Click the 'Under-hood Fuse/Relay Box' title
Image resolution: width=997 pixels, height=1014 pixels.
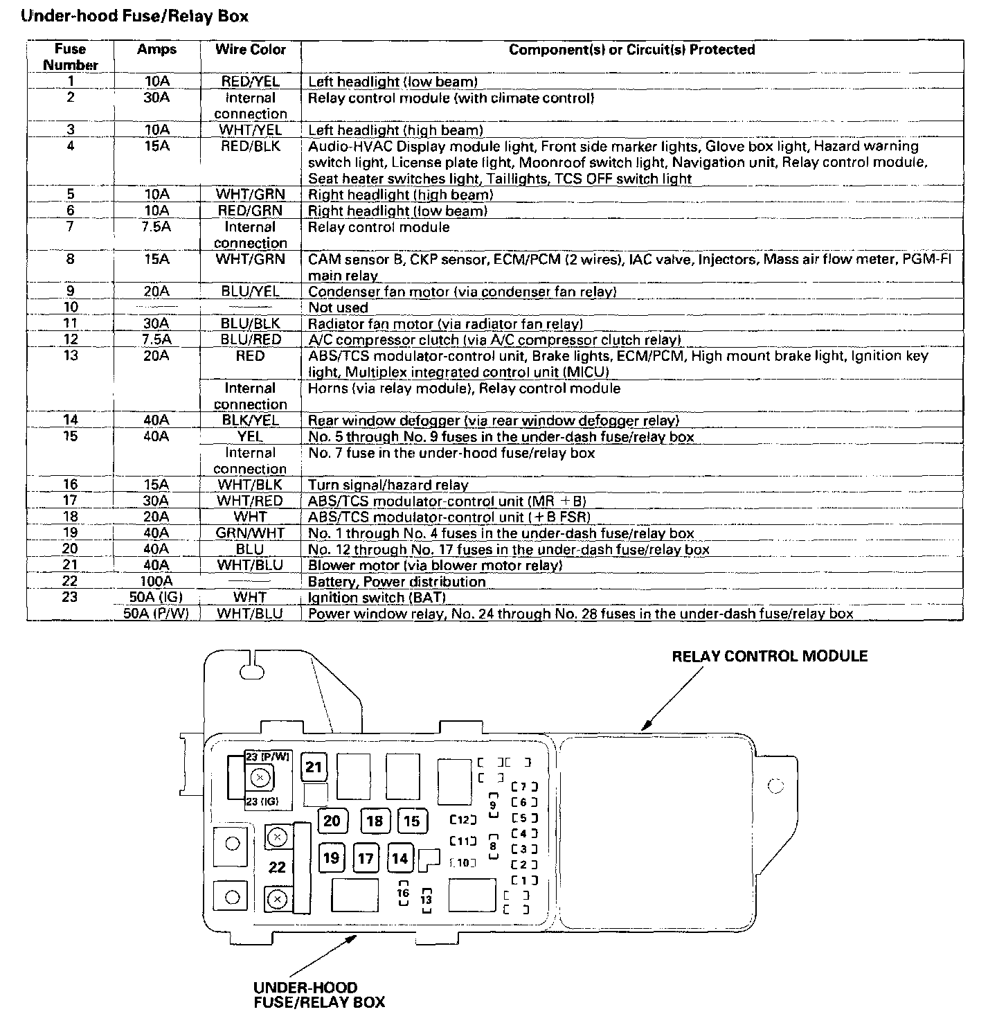click(x=135, y=16)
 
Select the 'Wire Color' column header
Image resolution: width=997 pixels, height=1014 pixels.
click(x=250, y=50)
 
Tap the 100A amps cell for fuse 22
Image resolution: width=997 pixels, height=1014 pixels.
click(x=156, y=581)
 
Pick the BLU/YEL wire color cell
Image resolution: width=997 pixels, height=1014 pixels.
click(x=250, y=292)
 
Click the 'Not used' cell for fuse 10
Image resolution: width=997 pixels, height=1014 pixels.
click(x=338, y=308)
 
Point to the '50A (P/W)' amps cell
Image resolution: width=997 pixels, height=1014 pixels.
click(x=156, y=614)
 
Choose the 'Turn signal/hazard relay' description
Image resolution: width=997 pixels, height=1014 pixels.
click(x=388, y=485)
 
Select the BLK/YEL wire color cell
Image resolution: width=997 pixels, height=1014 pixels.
click(x=250, y=420)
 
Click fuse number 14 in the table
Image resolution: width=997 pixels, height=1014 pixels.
click(x=70, y=420)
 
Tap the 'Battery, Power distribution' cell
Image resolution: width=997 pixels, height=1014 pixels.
click(x=396, y=582)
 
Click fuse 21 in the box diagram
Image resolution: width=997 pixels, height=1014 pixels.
click(x=314, y=767)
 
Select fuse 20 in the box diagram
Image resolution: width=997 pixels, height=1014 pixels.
click(x=332, y=821)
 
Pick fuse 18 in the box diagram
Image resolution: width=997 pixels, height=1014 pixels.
click(x=375, y=821)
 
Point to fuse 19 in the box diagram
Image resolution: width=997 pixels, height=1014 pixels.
click(x=332, y=858)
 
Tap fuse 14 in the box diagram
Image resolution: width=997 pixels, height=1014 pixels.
click(x=399, y=859)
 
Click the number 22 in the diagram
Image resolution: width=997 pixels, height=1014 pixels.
click(x=277, y=867)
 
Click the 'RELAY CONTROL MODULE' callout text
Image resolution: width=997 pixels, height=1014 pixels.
click(x=769, y=656)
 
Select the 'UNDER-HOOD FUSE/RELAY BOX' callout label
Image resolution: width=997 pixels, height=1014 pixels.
click(x=318, y=995)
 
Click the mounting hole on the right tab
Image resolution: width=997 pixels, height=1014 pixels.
click(x=776, y=785)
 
